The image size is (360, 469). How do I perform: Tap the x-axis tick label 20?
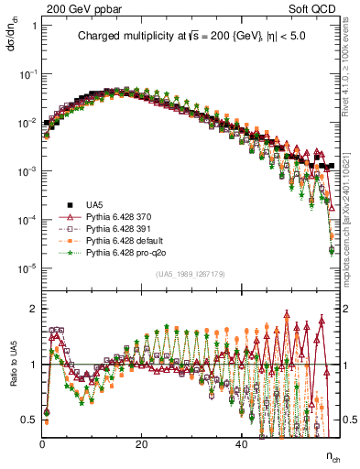[141, 443]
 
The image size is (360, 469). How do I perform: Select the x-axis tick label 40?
[240, 443]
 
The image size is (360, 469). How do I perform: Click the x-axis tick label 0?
[42, 443]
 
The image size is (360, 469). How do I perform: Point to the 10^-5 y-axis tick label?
[27, 267]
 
